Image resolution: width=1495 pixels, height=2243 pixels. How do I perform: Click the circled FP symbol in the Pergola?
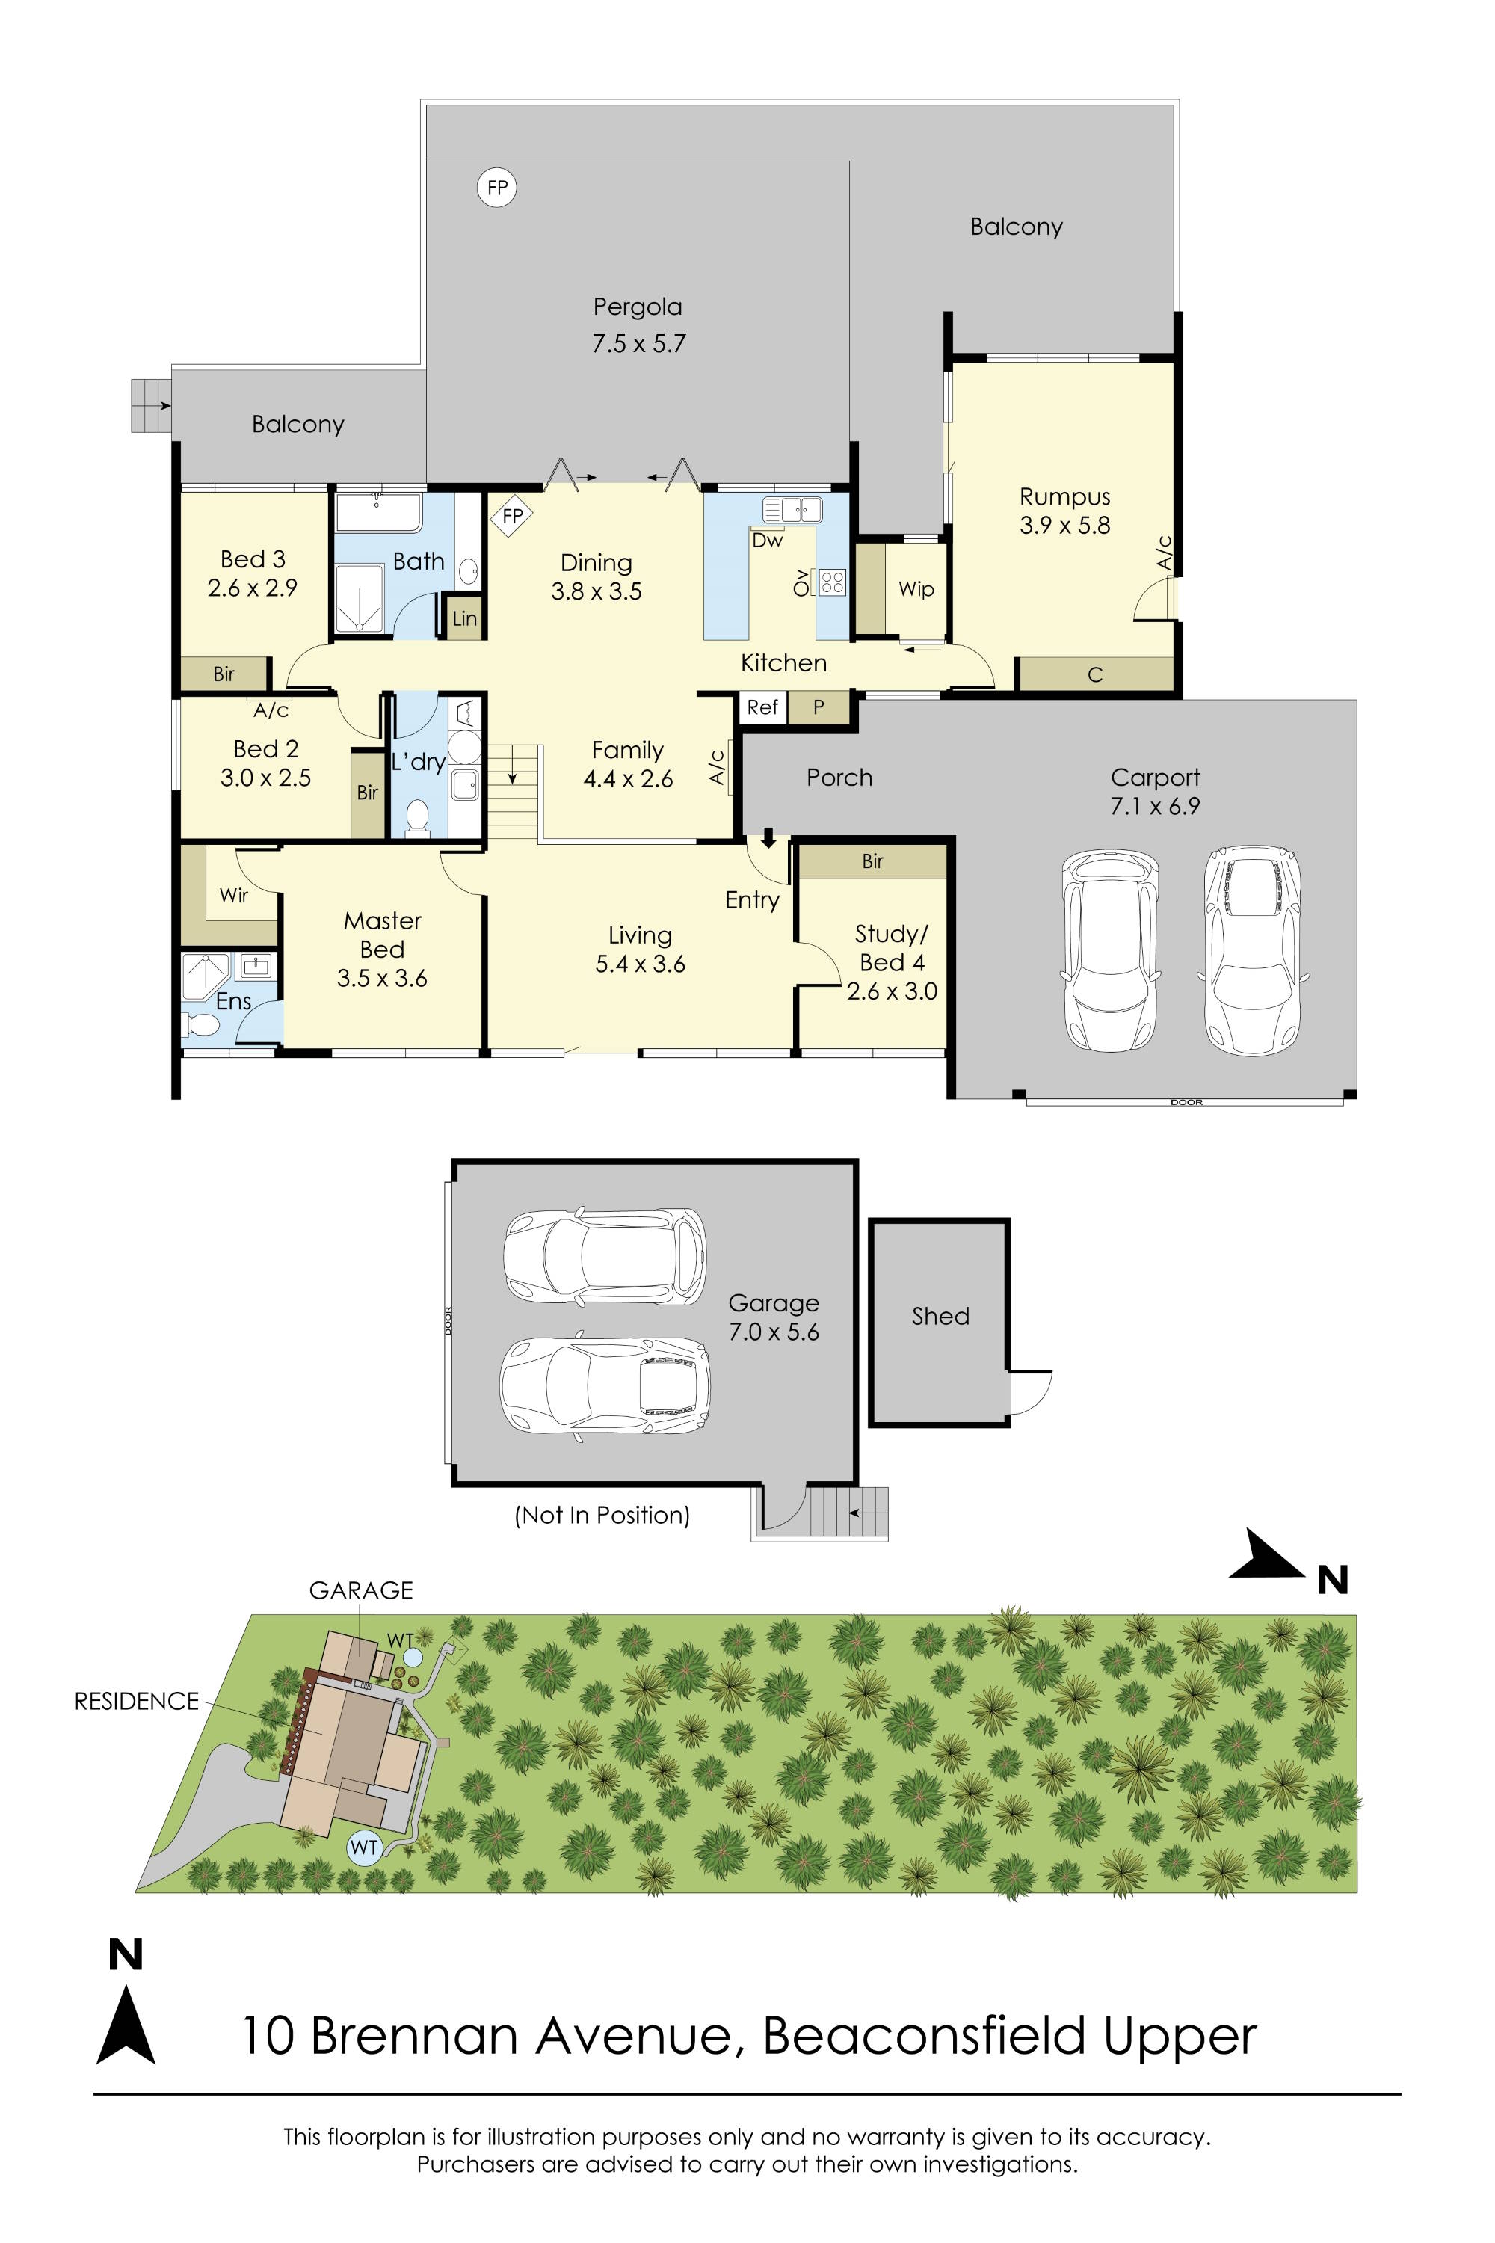[x=497, y=188]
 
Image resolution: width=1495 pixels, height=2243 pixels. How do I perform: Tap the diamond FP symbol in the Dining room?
[x=512, y=516]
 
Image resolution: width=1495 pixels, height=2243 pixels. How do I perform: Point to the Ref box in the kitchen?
[x=762, y=707]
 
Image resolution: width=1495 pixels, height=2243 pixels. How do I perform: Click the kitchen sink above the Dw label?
[x=793, y=509]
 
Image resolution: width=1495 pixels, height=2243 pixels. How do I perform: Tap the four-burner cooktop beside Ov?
[x=831, y=582]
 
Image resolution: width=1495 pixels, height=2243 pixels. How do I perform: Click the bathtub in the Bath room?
[x=378, y=512]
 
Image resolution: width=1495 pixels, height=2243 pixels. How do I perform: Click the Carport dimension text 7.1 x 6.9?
[x=1155, y=807]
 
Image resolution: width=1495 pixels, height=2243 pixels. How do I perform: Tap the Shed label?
[x=940, y=1316]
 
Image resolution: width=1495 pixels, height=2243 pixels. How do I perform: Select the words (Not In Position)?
[x=602, y=1516]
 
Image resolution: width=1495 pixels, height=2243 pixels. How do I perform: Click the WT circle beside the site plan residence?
[x=364, y=1847]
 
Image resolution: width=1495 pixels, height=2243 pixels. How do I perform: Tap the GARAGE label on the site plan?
[x=360, y=1591]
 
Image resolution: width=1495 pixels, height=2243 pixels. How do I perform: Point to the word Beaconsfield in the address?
[x=924, y=2036]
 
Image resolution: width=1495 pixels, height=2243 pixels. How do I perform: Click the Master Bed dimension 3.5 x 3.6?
[x=381, y=979]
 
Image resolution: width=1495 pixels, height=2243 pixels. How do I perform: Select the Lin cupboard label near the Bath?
[x=464, y=619]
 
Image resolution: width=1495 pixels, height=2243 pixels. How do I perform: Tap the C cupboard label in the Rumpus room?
[x=1094, y=675]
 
